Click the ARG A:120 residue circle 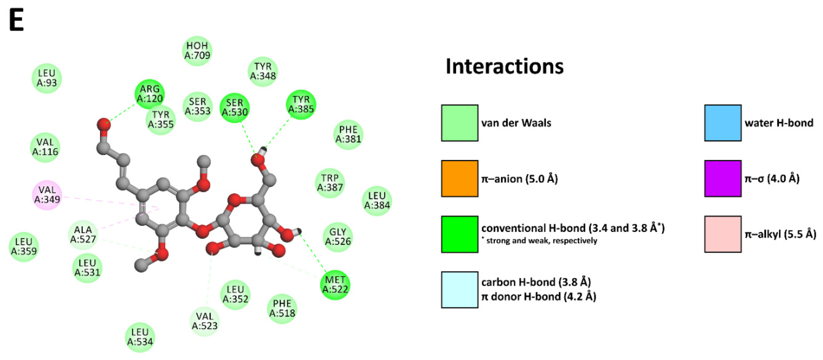pyautogui.click(x=150, y=94)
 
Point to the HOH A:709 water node pyautogui.click(x=197, y=51)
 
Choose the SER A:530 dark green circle pyautogui.click(x=235, y=108)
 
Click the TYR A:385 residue pyautogui.click(x=301, y=104)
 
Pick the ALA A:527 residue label pyautogui.click(x=83, y=234)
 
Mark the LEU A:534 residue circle pyautogui.click(x=140, y=337)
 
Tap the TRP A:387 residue pyautogui.click(x=330, y=183)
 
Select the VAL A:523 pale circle pyautogui.click(x=205, y=321)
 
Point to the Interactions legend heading pyautogui.click(x=505, y=66)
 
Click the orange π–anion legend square pyautogui.click(x=459, y=179)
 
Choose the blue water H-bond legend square pyautogui.click(x=723, y=123)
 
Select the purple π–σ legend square pyautogui.click(x=723, y=179)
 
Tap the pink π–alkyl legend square pyautogui.click(x=723, y=234)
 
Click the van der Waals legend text pyautogui.click(x=516, y=123)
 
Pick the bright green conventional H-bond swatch pyautogui.click(x=459, y=234)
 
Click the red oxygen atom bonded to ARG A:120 pyautogui.click(x=104, y=124)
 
